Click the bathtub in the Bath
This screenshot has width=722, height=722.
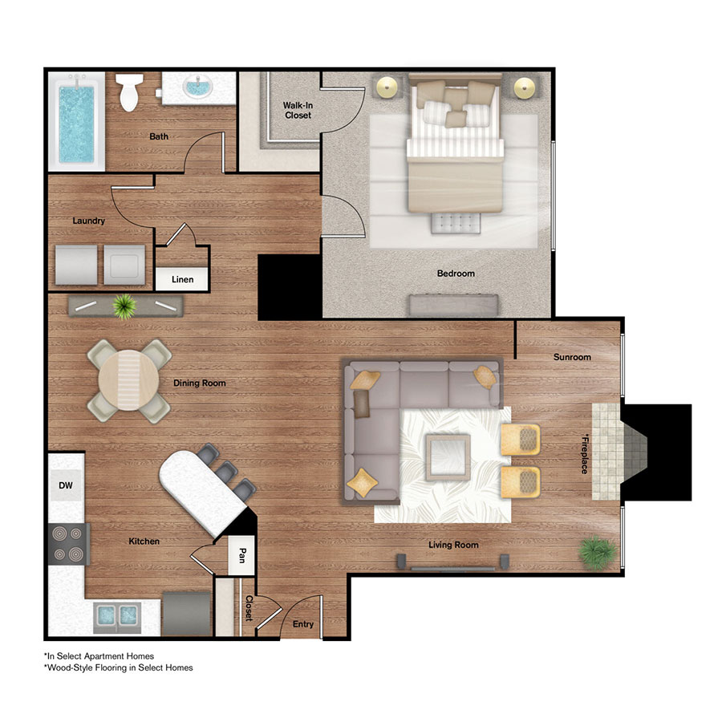tap(76, 121)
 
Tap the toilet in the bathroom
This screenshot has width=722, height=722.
tap(128, 93)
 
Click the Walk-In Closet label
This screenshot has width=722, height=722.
tap(297, 110)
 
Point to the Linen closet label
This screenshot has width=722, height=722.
tap(182, 280)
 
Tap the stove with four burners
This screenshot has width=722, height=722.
tap(67, 543)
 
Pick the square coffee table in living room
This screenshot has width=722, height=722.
tap(446, 456)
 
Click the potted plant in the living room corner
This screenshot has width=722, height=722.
tap(598, 553)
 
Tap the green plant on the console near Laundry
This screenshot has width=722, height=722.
tap(125, 306)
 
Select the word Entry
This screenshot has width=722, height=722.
tap(303, 624)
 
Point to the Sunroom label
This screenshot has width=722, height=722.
tap(571, 357)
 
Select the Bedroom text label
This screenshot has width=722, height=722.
tap(456, 274)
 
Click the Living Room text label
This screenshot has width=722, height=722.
tap(453, 545)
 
